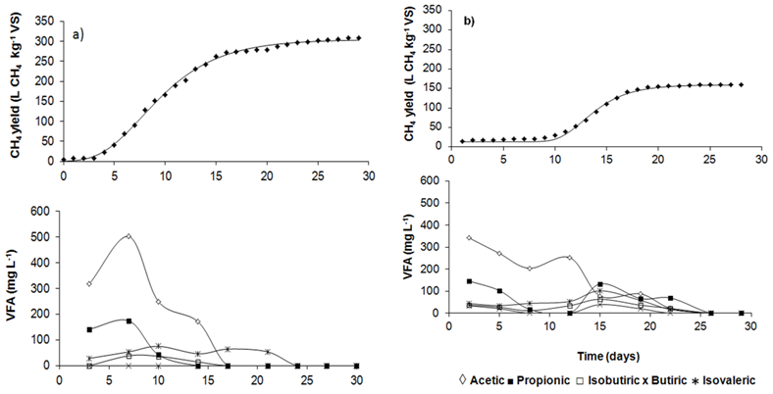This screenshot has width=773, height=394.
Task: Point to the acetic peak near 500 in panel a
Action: click(129, 236)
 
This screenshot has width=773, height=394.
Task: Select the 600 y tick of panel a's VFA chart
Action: click(43, 212)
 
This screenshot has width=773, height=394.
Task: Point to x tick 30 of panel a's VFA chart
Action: click(357, 379)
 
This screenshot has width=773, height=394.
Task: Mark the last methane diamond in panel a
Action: click(359, 38)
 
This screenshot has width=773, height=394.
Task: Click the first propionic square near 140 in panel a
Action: click(89, 329)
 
